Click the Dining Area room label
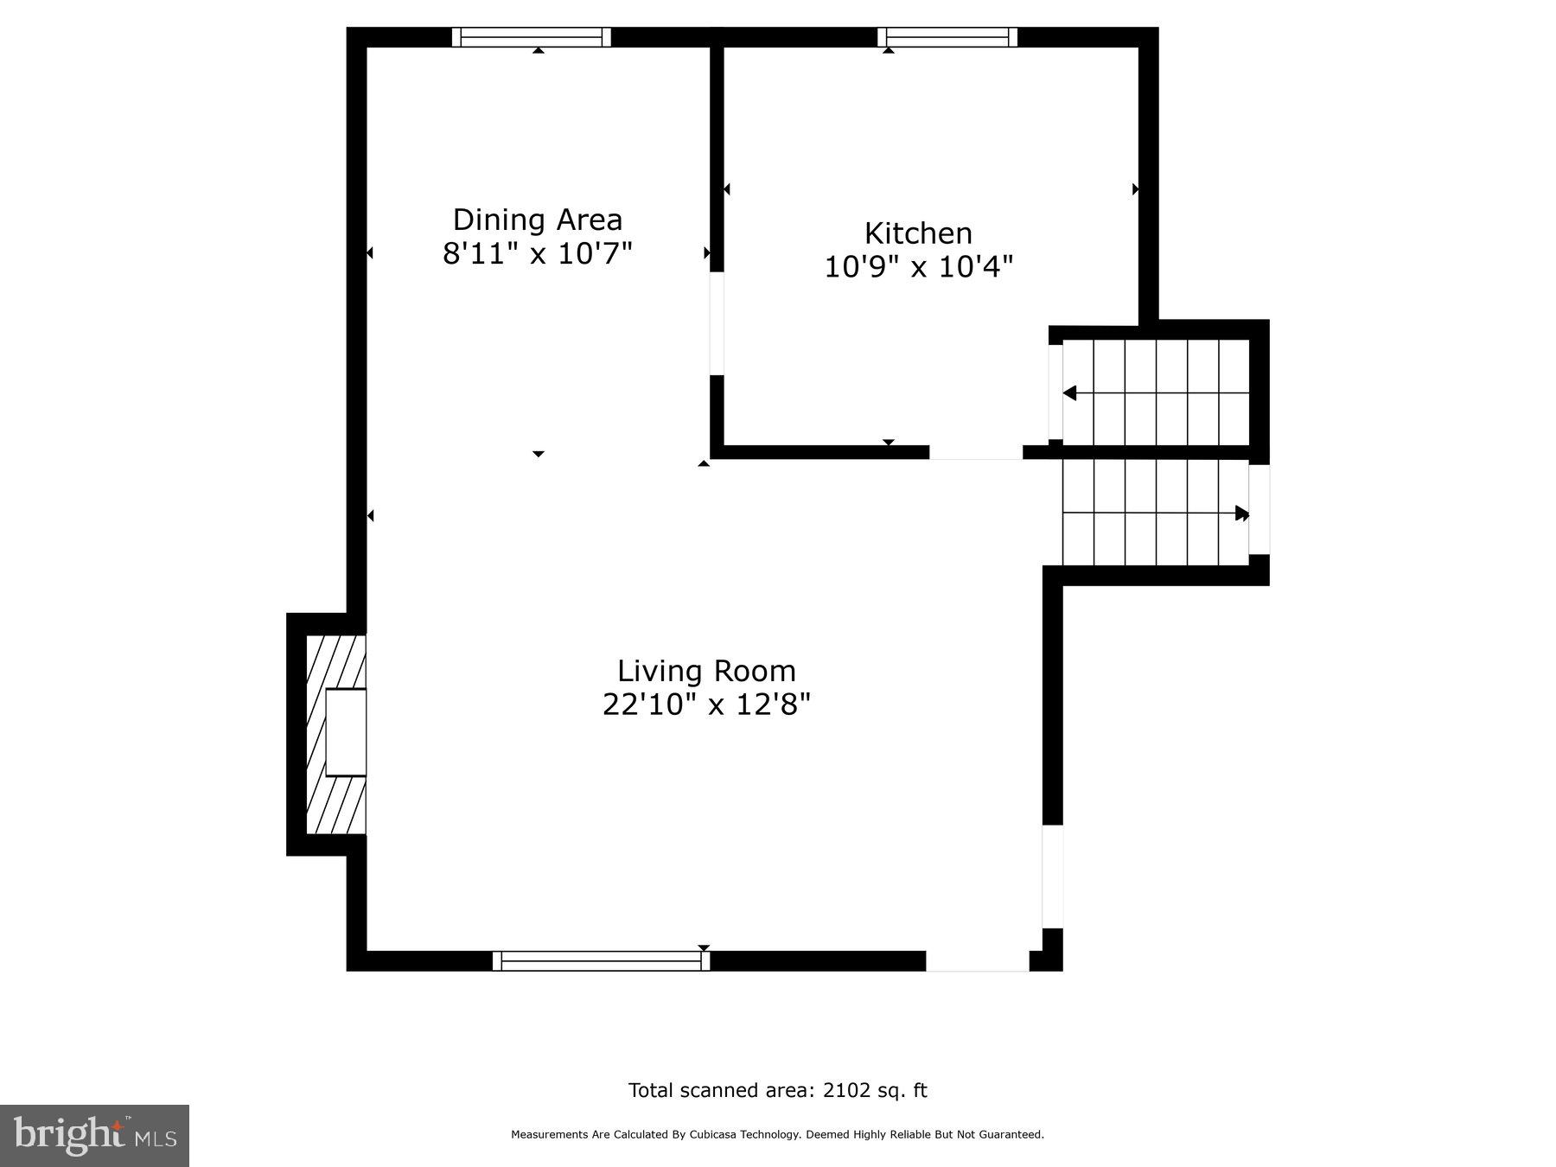(537, 220)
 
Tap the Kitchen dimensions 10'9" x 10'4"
(918, 267)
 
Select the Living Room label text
(706, 671)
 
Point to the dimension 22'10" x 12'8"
(706, 705)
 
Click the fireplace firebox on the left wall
(346, 732)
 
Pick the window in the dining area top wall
(532, 37)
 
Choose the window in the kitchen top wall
(947, 37)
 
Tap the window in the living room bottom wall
(601, 960)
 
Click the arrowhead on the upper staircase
(1070, 393)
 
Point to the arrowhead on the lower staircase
(1242, 513)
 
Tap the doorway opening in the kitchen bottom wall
(976, 452)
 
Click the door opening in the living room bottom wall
(978, 960)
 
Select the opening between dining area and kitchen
(717, 323)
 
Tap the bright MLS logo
(94, 1135)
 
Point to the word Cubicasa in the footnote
(711, 1135)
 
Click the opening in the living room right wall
(1052, 877)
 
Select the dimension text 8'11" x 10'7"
(537, 254)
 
